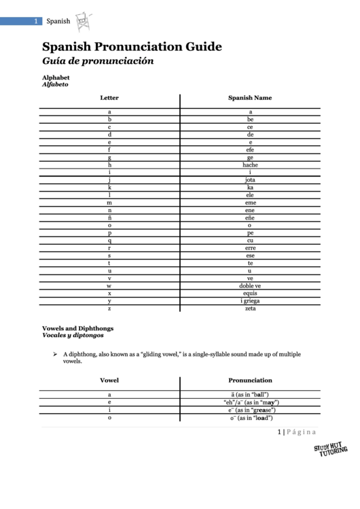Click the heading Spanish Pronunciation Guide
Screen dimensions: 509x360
point(132,47)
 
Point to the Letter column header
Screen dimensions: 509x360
point(109,98)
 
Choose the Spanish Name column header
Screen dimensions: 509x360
point(250,98)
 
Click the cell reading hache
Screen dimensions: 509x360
point(250,164)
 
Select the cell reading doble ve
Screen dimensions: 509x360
point(250,285)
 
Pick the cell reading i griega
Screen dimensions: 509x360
point(250,300)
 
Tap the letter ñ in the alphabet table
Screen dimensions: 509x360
point(109,217)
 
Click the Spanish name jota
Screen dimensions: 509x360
point(250,179)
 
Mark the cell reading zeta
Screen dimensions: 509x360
point(250,308)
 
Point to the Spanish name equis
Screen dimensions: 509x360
point(250,293)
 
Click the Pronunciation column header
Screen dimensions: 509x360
point(250,381)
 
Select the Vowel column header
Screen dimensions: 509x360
point(109,381)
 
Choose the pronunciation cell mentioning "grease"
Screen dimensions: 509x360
point(250,410)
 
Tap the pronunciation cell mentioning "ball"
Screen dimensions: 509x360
point(250,394)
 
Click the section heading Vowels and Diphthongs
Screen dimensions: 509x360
point(77,328)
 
